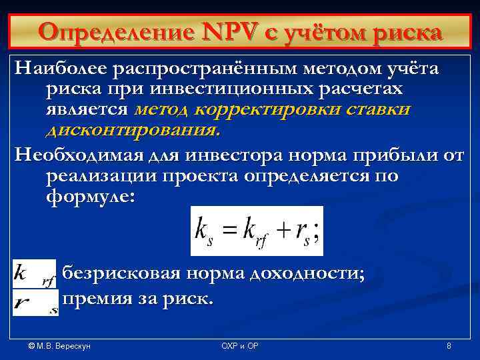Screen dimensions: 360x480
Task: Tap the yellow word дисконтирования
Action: pos(133,129)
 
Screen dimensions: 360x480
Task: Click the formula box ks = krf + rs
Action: pos(257,231)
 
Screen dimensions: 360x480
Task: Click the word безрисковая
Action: pos(128,274)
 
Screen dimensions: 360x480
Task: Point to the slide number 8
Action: pos(449,346)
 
